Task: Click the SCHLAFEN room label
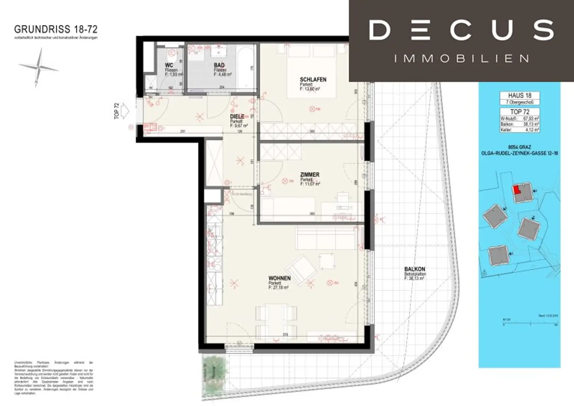(x=313, y=80)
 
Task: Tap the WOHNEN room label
(x=280, y=278)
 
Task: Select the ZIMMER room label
(x=310, y=174)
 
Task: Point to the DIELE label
(x=237, y=117)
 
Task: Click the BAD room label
(x=219, y=65)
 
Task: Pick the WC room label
(x=169, y=65)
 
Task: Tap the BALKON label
(x=414, y=269)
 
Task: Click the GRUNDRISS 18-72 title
(x=56, y=29)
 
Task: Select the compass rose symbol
(x=38, y=67)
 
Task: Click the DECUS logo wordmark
(x=461, y=30)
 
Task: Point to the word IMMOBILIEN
(x=461, y=59)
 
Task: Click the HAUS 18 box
(x=519, y=96)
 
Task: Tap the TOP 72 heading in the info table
(x=519, y=112)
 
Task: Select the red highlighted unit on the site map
(x=516, y=189)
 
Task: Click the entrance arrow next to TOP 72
(x=125, y=111)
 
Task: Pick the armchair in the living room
(x=301, y=269)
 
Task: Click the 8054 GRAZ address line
(x=519, y=147)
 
